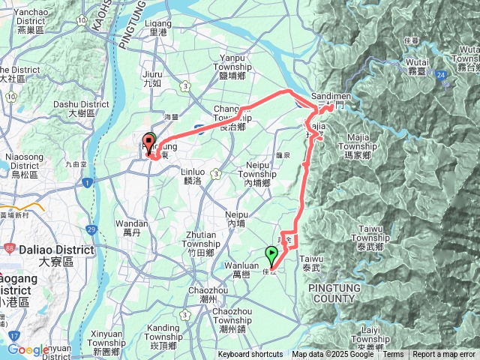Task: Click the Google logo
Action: pos(28,350)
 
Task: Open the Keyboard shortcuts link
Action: pos(250,355)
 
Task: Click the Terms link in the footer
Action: pos(393,355)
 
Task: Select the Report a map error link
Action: pos(444,355)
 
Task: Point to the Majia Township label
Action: pos(364,142)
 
